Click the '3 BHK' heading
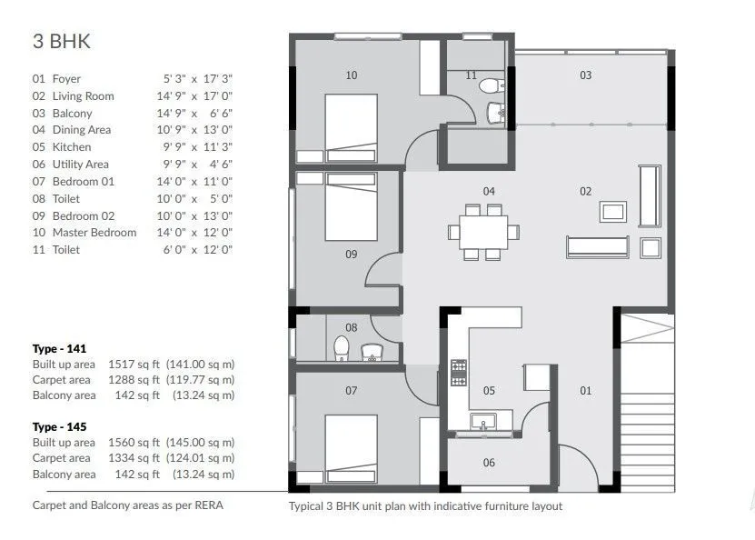61,42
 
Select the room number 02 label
585,191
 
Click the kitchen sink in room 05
484,420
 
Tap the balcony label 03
585,75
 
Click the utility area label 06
489,463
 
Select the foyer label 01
585,391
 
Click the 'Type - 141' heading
61,349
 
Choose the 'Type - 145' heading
61,426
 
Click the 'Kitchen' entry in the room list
71,147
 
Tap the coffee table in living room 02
612,212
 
